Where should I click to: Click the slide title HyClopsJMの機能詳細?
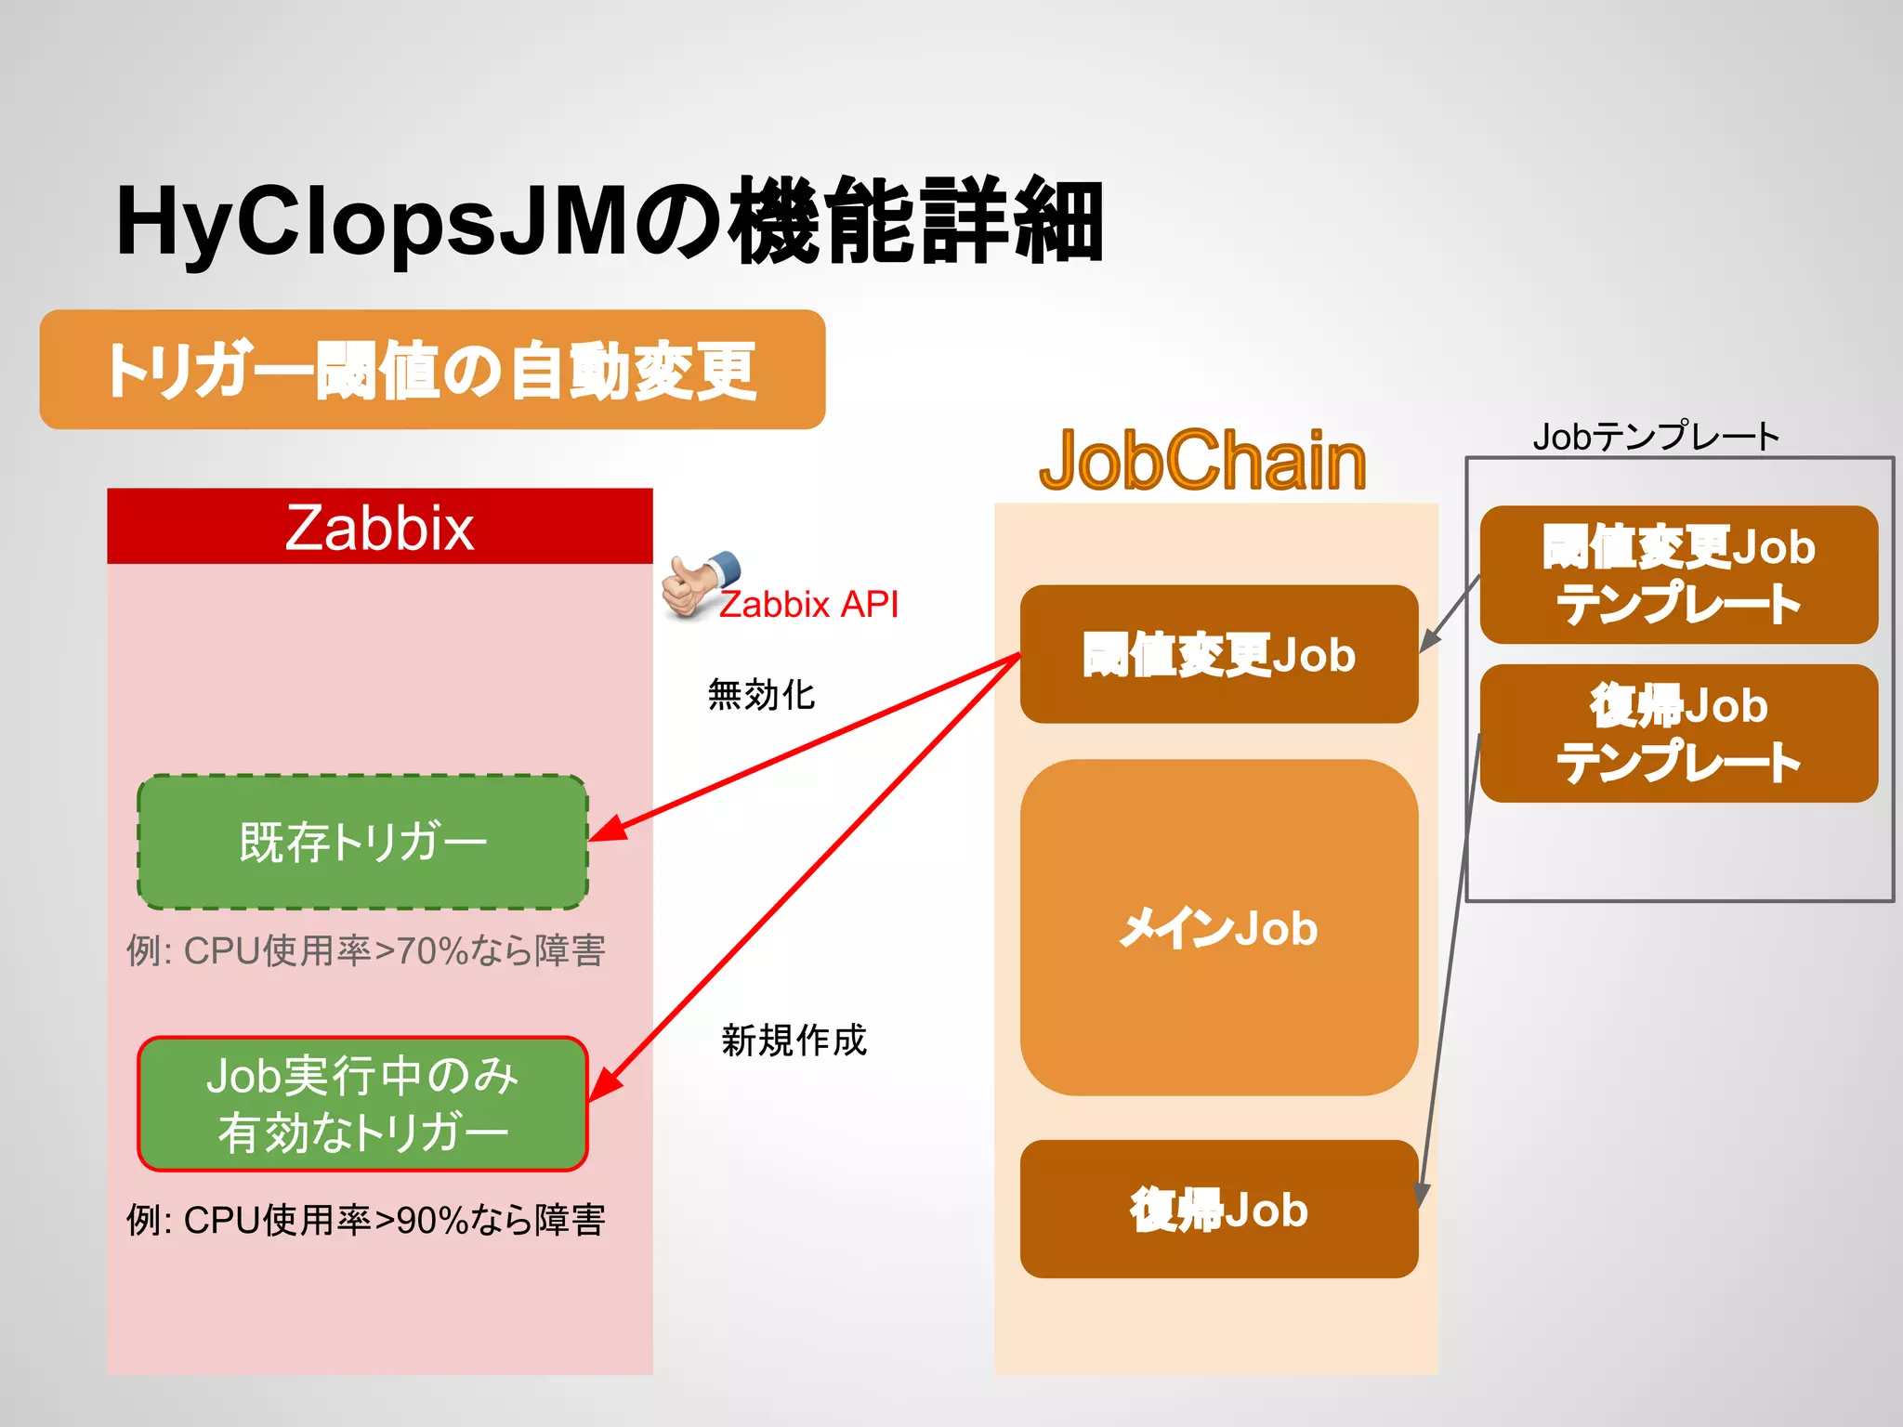click(609, 221)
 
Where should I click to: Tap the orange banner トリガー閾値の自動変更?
click(432, 370)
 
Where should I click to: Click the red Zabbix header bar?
click(379, 527)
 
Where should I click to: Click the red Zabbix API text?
click(808, 605)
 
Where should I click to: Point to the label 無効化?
click(761, 695)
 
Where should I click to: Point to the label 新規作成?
click(794, 1041)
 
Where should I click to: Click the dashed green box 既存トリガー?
click(362, 842)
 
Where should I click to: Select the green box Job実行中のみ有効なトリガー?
click(362, 1104)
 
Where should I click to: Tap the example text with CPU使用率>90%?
click(365, 1220)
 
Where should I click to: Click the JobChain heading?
click(1202, 461)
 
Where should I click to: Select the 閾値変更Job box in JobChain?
click(1218, 654)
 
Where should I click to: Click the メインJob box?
click(1218, 927)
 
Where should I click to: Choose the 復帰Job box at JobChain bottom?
click(1218, 1209)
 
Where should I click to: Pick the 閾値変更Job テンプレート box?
click(1678, 574)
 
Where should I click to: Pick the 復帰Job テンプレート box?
click(1678, 733)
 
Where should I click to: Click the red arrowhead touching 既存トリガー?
click(606, 830)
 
